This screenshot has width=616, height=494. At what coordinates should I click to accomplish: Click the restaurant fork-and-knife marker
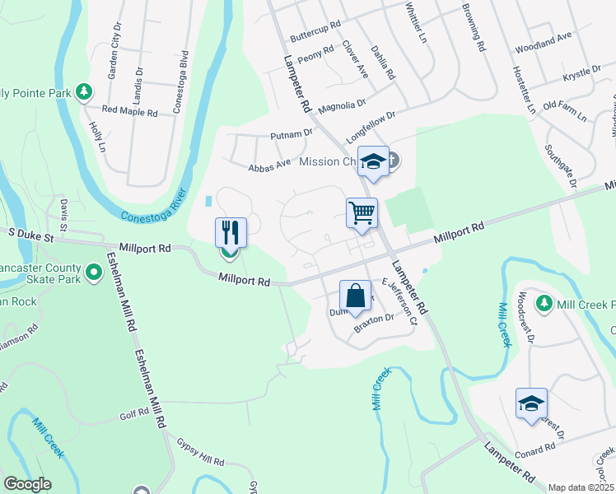[x=231, y=232]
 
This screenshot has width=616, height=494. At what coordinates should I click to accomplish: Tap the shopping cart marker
[x=362, y=213]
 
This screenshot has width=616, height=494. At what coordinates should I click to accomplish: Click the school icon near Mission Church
[x=373, y=161]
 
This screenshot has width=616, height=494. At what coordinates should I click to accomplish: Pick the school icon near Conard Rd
[x=531, y=403]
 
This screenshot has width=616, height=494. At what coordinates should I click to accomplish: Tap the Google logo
[x=27, y=484]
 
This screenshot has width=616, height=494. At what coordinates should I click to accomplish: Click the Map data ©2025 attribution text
[x=581, y=487]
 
